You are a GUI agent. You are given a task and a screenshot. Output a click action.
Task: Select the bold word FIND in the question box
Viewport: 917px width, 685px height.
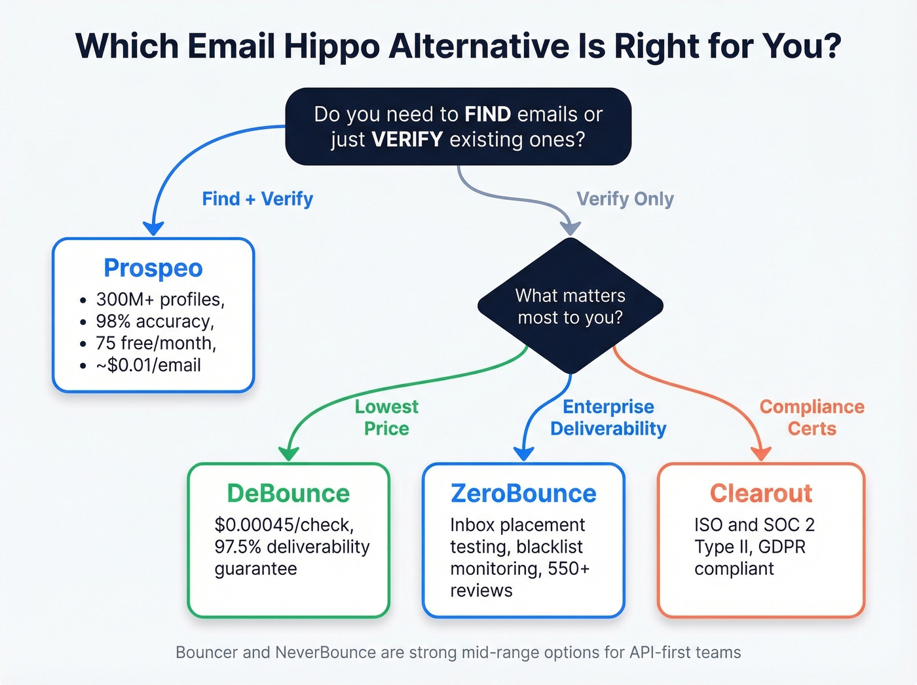click(487, 114)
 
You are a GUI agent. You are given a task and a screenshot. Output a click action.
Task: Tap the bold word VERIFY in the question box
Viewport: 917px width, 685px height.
click(407, 140)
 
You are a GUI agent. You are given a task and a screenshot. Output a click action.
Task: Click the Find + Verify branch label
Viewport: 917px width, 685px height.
click(257, 199)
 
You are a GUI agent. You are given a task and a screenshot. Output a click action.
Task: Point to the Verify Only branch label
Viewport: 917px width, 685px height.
click(625, 199)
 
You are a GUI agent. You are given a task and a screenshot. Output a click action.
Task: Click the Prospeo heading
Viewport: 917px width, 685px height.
click(153, 268)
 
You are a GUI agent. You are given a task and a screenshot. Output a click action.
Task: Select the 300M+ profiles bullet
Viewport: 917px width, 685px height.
click(160, 300)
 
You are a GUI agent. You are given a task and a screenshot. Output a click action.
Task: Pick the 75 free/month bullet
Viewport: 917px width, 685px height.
click(156, 343)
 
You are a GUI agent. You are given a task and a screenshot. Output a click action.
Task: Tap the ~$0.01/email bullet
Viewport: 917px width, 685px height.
click(148, 365)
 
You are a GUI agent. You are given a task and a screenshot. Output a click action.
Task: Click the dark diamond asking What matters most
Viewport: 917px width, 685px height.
click(571, 306)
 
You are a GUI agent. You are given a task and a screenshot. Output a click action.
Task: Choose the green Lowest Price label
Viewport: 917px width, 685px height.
click(386, 418)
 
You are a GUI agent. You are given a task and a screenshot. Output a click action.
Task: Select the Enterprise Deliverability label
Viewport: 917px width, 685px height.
click(608, 418)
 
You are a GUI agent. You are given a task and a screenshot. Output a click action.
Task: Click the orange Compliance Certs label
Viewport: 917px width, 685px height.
click(812, 418)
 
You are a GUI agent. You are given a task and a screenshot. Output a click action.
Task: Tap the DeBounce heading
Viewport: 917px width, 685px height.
click(288, 494)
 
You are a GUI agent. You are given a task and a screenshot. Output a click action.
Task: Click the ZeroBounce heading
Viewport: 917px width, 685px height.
click(523, 494)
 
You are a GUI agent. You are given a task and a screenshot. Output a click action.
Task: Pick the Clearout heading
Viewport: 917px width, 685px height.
click(761, 494)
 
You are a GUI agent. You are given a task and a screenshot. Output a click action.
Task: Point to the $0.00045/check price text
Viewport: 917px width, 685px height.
click(284, 525)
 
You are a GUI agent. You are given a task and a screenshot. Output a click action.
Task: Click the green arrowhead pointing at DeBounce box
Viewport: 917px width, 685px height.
click(288, 454)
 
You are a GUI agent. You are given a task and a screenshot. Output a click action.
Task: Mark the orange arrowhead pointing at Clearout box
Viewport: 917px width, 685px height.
click(761, 454)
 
